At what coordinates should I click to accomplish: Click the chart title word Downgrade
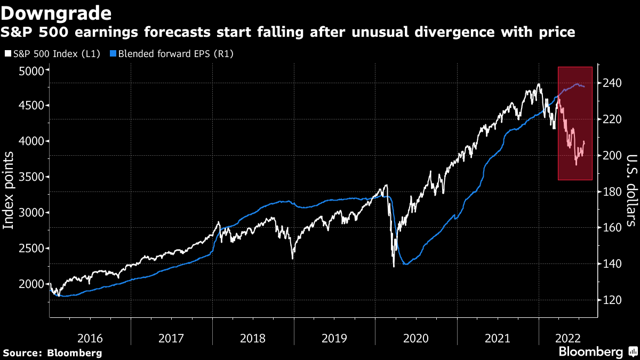[57, 12]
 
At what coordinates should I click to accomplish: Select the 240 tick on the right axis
[610, 83]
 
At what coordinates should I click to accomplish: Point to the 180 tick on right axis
[610, 191]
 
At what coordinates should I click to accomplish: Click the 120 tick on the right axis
[610, 300]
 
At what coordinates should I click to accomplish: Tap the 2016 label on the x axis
[90, 338]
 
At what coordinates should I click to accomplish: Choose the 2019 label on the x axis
[334, 338]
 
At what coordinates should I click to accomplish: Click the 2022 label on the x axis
[565, 338]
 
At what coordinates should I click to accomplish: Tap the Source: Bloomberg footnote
[52, 353]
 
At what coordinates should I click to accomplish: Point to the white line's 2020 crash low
[394, 266]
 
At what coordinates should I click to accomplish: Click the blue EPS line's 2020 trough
[406, 264]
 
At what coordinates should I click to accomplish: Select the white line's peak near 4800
[539, 84]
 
